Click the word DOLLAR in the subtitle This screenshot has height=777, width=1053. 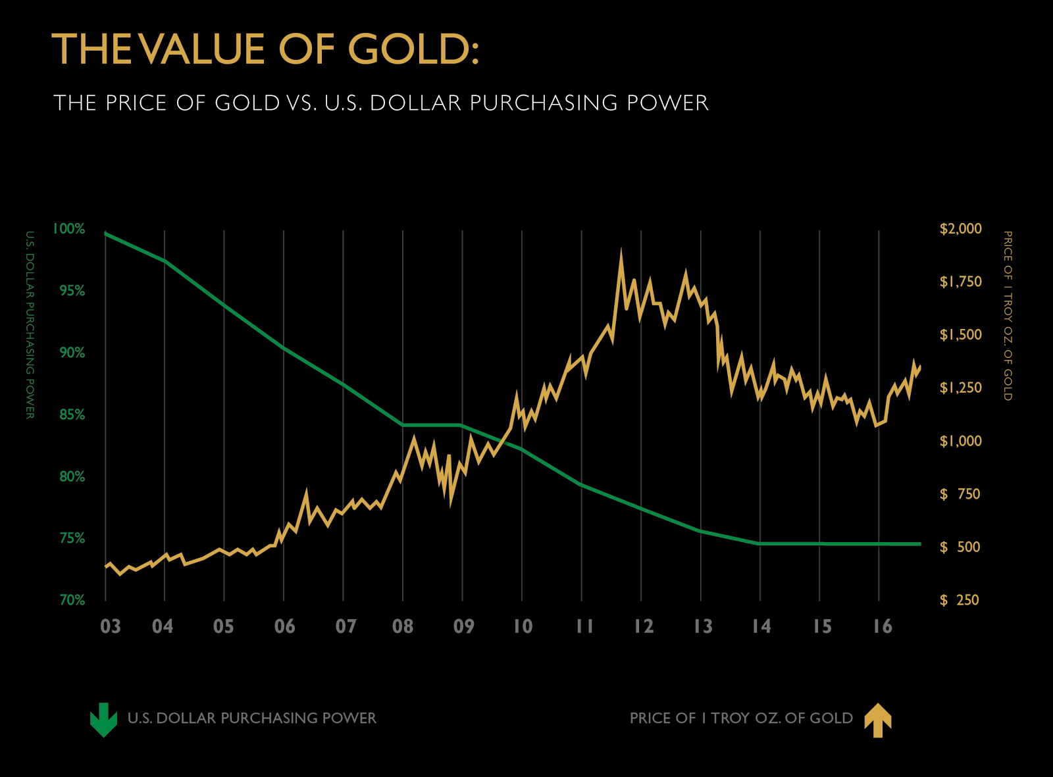pos(415,103)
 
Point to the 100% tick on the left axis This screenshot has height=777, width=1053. pos(69,229)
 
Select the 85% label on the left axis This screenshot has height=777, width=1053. pos(72,414)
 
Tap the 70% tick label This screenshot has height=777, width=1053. pos(72,600)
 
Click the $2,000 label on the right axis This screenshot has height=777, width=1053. pos(960,229)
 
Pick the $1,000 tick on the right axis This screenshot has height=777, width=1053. pos(960,441)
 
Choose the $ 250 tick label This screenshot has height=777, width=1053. pos(960,600)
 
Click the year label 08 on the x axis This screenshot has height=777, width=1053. pos(403,626)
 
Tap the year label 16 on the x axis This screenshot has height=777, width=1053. pos(883,626)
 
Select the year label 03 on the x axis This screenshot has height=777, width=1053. pos(111,626)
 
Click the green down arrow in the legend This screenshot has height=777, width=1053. pos(103,719)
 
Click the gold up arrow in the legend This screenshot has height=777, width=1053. pos(877,720)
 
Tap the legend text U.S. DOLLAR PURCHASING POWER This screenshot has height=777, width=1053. pos(251,718)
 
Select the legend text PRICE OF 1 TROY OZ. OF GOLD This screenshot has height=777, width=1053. pos(741,718)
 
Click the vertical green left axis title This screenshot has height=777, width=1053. pos(30,325)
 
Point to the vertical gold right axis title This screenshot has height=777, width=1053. pos(1007,316)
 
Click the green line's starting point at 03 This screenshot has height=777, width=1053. pos(106,234)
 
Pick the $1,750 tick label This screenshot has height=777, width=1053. pos(960,282)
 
